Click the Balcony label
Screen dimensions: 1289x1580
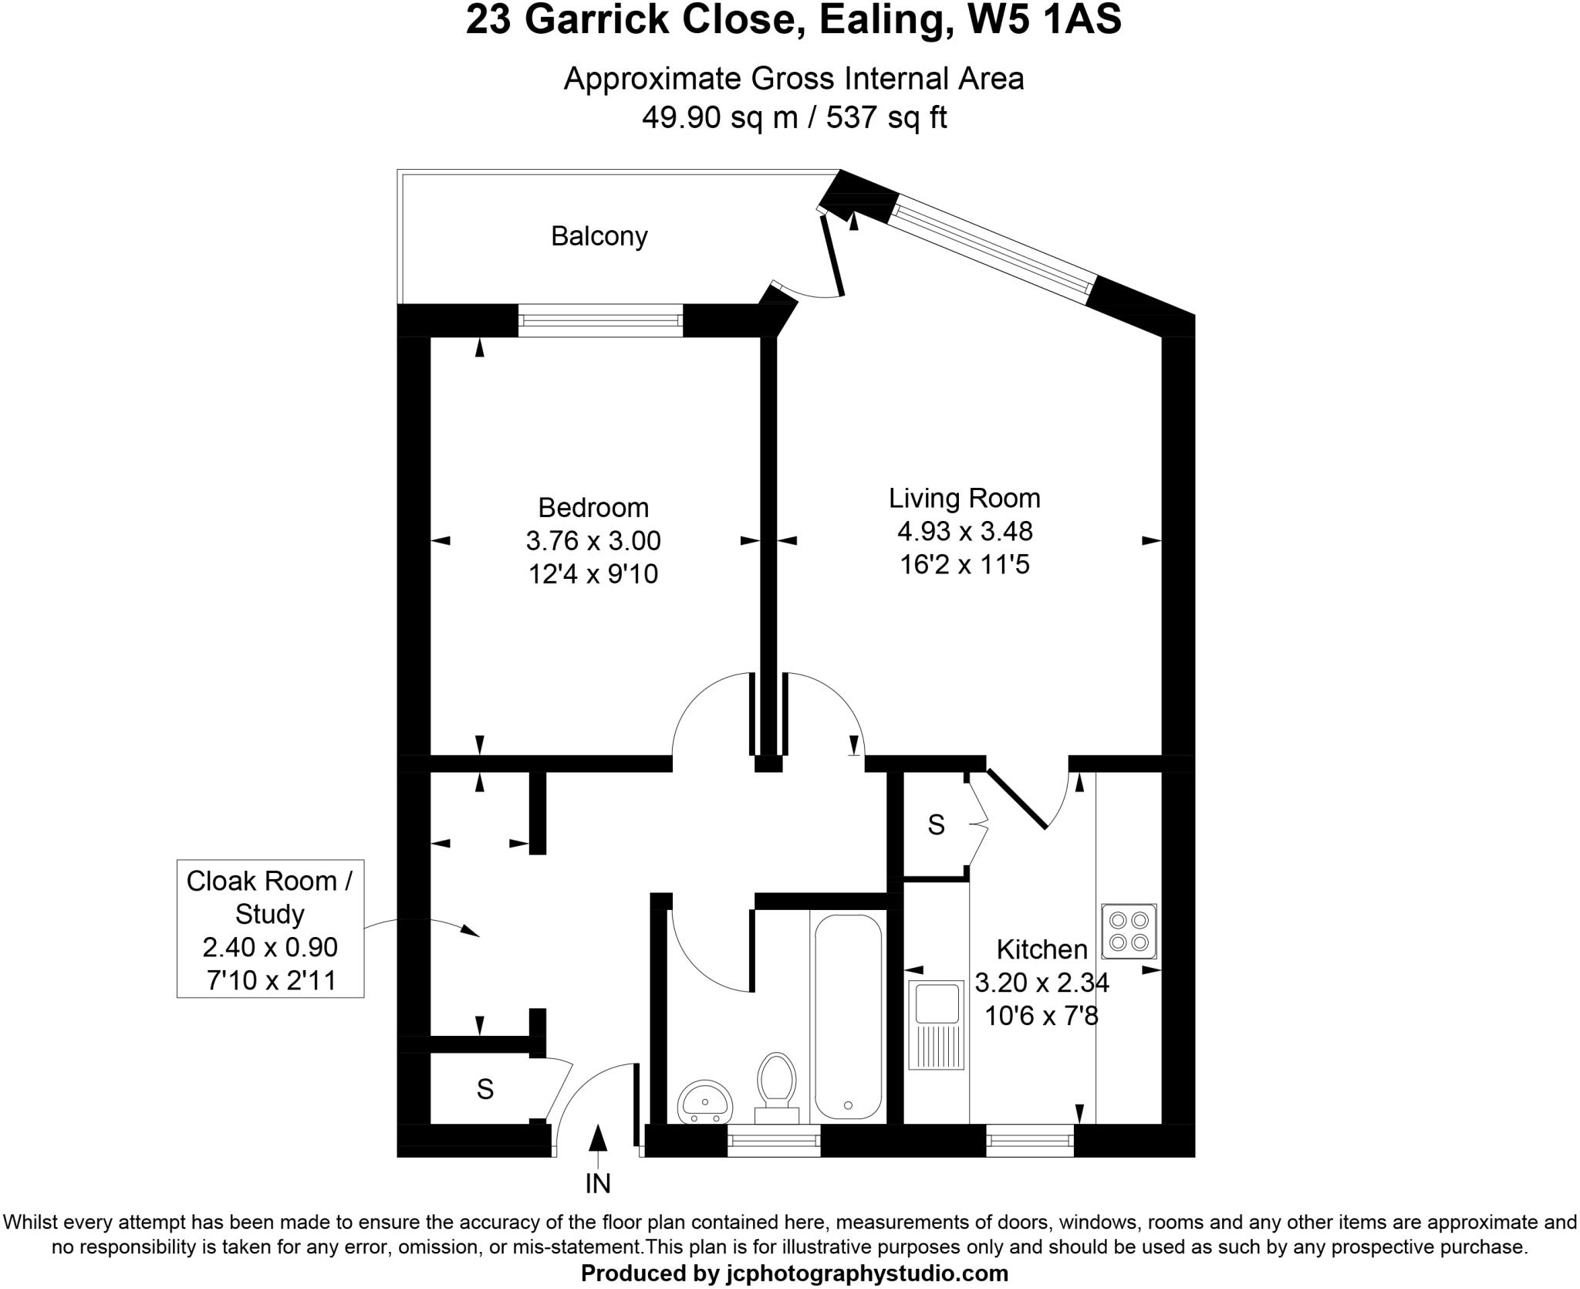pos(599,236)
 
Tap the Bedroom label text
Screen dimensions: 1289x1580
pos(592,507)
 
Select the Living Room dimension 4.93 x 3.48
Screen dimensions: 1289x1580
pos(964,531)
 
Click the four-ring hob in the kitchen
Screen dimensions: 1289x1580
pos(1129,931)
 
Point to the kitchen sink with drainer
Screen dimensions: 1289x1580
pos(936,1024)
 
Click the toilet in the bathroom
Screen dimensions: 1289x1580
pos(776,1087)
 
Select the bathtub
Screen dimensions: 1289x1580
pos(847,1016)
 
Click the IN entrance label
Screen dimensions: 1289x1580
pos(598,1183)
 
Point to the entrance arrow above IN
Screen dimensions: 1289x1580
pos(598,1138)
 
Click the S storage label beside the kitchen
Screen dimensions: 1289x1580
pos(936,825)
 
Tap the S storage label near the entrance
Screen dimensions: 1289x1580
pos(484,1089)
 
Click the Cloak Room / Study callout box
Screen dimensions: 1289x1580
pos(270,929)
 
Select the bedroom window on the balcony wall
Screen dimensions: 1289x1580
pos(600,320)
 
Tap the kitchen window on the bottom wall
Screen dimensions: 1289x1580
pos(1029,1141)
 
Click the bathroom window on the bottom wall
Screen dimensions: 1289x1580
pos(773,1141)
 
